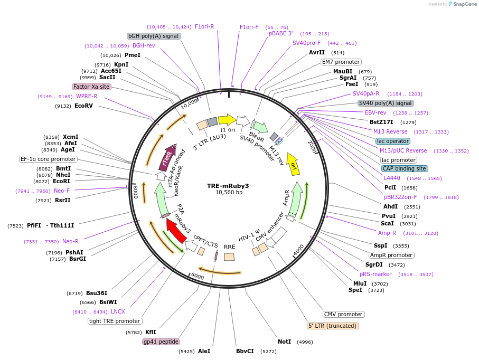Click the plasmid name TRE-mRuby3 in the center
[x=228, y=186]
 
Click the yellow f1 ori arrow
[x=227, y=119]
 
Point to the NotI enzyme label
[x=285, y=342]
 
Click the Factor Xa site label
[x=91, y=87]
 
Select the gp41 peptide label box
[x=161, y=342]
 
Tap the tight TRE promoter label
[x=115, y=321]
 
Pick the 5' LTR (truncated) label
[x=333, y=326]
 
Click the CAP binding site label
[x=404, y=169]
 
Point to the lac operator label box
[x=393, y=141]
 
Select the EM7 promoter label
[x=341, y=62]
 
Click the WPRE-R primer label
[x=87, y=96]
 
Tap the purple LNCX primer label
[x=118, y=311]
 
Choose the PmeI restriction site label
[x=133, y=55]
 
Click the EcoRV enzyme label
[x=83, y=106]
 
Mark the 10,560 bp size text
[x=229, y=193]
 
